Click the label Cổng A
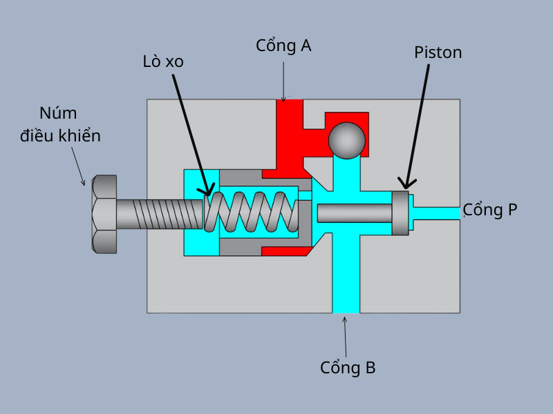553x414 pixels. tap(283, 46)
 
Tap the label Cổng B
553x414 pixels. tap(348, 367)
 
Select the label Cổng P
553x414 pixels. tap(489, 210)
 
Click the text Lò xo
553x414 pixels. tap(163, 61)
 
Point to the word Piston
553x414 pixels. tap(438, 52)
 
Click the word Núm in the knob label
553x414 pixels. tap(58, 113)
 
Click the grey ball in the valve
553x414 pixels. tap(346, 140)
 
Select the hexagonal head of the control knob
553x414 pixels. tap(104, 214)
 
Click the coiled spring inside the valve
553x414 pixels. tap(252, 211)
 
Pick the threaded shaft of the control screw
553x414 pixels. tap(159, 214)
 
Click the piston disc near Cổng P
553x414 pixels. tap(400, 213)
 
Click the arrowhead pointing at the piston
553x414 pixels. tap(406, 184)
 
